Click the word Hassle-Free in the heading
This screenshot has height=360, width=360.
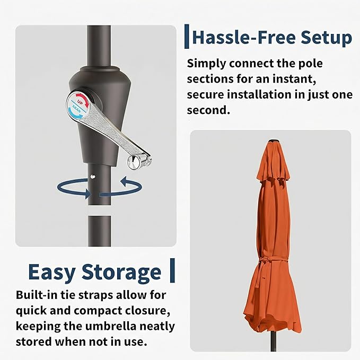(x=244, y=38)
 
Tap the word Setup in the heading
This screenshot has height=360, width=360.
(x=326, y=38)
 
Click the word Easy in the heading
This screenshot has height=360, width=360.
(x=52, y=273)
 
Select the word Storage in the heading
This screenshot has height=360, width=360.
(x=121, y=273)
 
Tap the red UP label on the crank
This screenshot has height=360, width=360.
(x=81, y=101)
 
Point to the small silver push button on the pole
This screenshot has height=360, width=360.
(x=93, y=177)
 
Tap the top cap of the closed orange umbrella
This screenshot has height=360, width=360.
(x=273, y=142)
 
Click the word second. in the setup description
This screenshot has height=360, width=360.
(x=208, y=110)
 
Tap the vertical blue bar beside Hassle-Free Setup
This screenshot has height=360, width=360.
(x=187, y=37)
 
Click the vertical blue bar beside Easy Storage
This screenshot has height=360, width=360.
(x=172, y=270)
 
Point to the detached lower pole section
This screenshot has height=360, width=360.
(x=100, y=231)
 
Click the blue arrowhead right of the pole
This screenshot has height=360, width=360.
(x=124, y=181)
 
